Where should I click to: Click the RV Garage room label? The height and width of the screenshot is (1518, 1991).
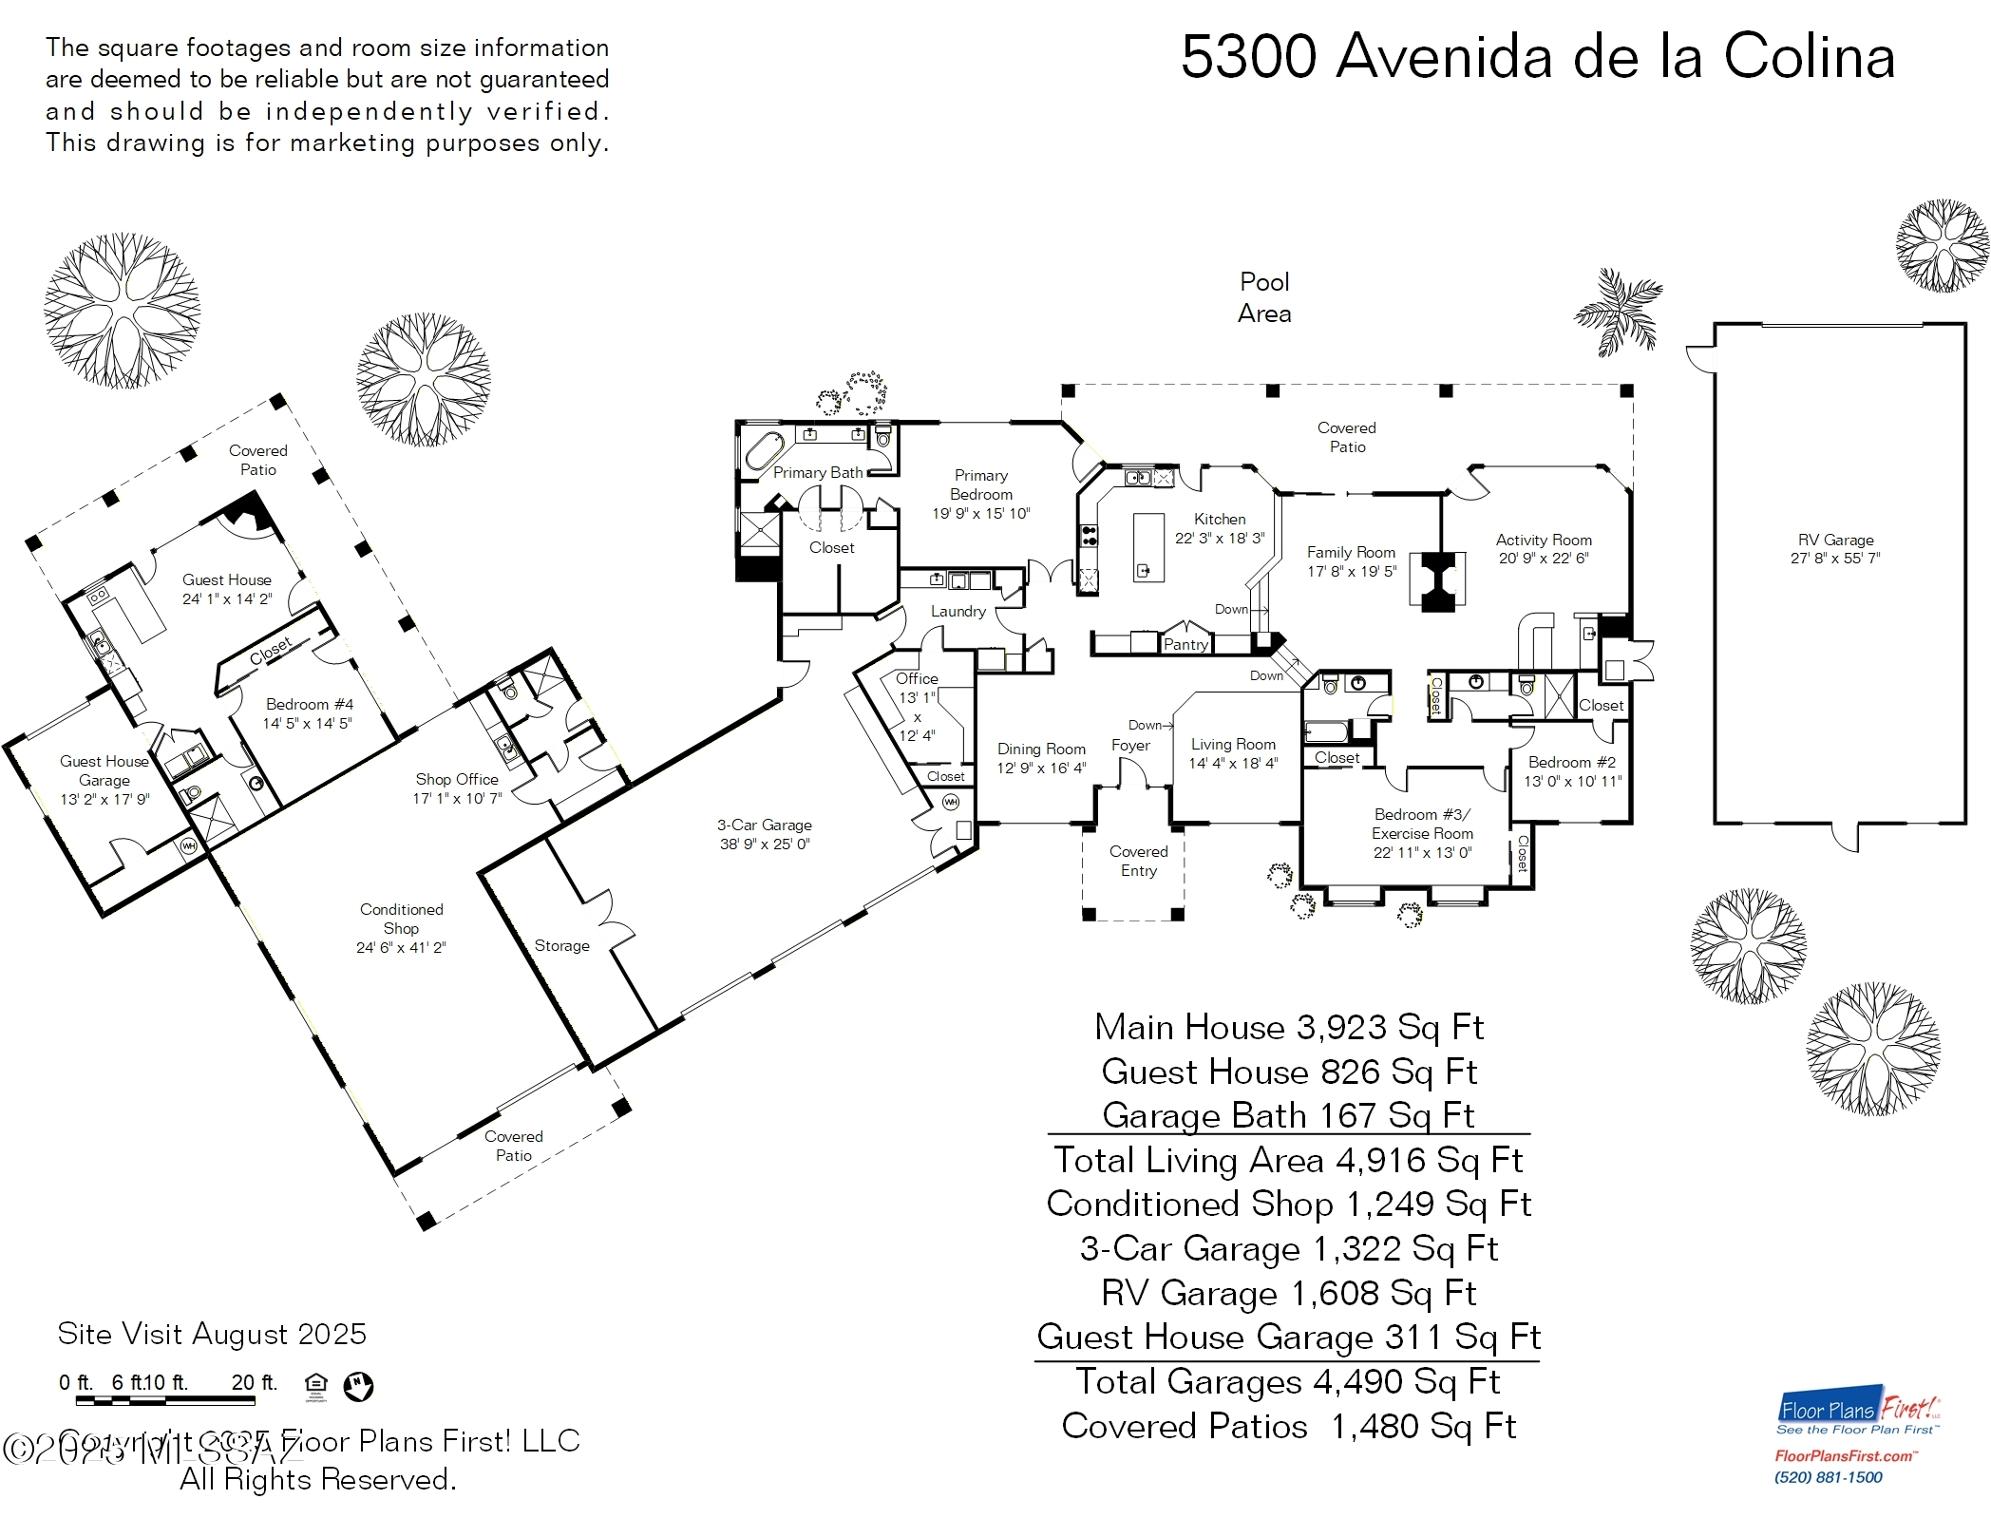(x=1834, y=540)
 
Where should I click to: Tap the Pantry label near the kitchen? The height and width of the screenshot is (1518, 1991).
(x=1185, y=644)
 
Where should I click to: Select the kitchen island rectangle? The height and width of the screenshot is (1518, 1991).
(x=1148, y=547)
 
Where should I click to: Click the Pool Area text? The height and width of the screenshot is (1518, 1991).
(x=1264, y=297)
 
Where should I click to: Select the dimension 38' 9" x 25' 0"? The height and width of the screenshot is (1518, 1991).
(x=765, y=844)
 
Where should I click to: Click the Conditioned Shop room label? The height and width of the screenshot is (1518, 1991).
(x=401, y=919)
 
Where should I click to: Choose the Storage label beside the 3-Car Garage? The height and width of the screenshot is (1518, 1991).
(x=561, y=945)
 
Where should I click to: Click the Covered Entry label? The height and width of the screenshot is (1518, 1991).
(x=1138, y=861)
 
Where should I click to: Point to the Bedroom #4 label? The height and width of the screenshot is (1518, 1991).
(x=309, y=704)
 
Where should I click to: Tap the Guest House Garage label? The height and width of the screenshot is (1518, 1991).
(x=104, y=770)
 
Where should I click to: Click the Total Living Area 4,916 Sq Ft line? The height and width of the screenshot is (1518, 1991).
(x=1287, y=1160)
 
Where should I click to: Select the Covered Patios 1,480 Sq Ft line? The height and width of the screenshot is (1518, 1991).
(x=1287, y=1426)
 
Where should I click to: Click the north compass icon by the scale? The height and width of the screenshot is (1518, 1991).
(x=358, y=1386)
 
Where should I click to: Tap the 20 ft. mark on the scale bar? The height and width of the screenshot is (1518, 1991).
(x=254, y=1382)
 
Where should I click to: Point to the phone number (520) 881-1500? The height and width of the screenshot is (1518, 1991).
(x=1828, y=1477)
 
